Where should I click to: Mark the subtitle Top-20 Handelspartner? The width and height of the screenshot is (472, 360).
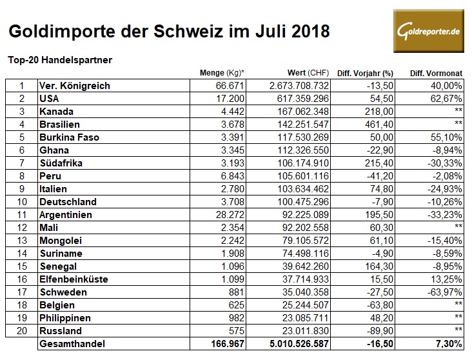[60, 60]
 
